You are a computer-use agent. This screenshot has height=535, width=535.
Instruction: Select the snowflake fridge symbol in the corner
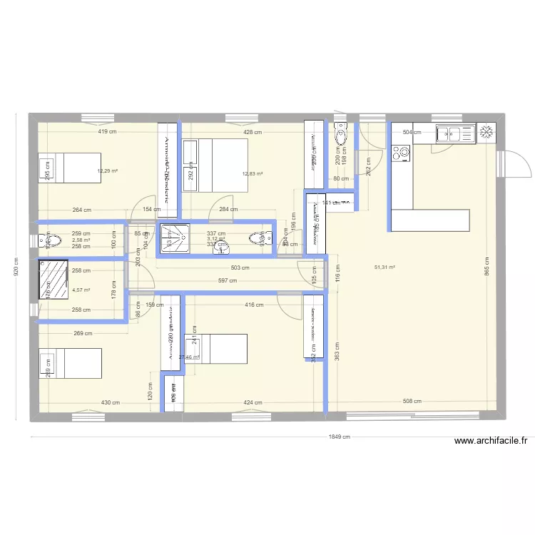pyautogui.click(x=487, y=132)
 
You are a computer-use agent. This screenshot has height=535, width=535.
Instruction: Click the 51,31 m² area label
pyautogui.click(x=384, y=267)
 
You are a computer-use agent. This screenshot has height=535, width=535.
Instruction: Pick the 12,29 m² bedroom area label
pyautogui.click(x=108, y=171)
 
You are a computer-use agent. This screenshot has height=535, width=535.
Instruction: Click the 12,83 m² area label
pyautogui.click(x=253, y=173)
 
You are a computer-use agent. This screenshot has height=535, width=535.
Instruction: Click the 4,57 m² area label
pyautogui.click(x=81, y=290)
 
